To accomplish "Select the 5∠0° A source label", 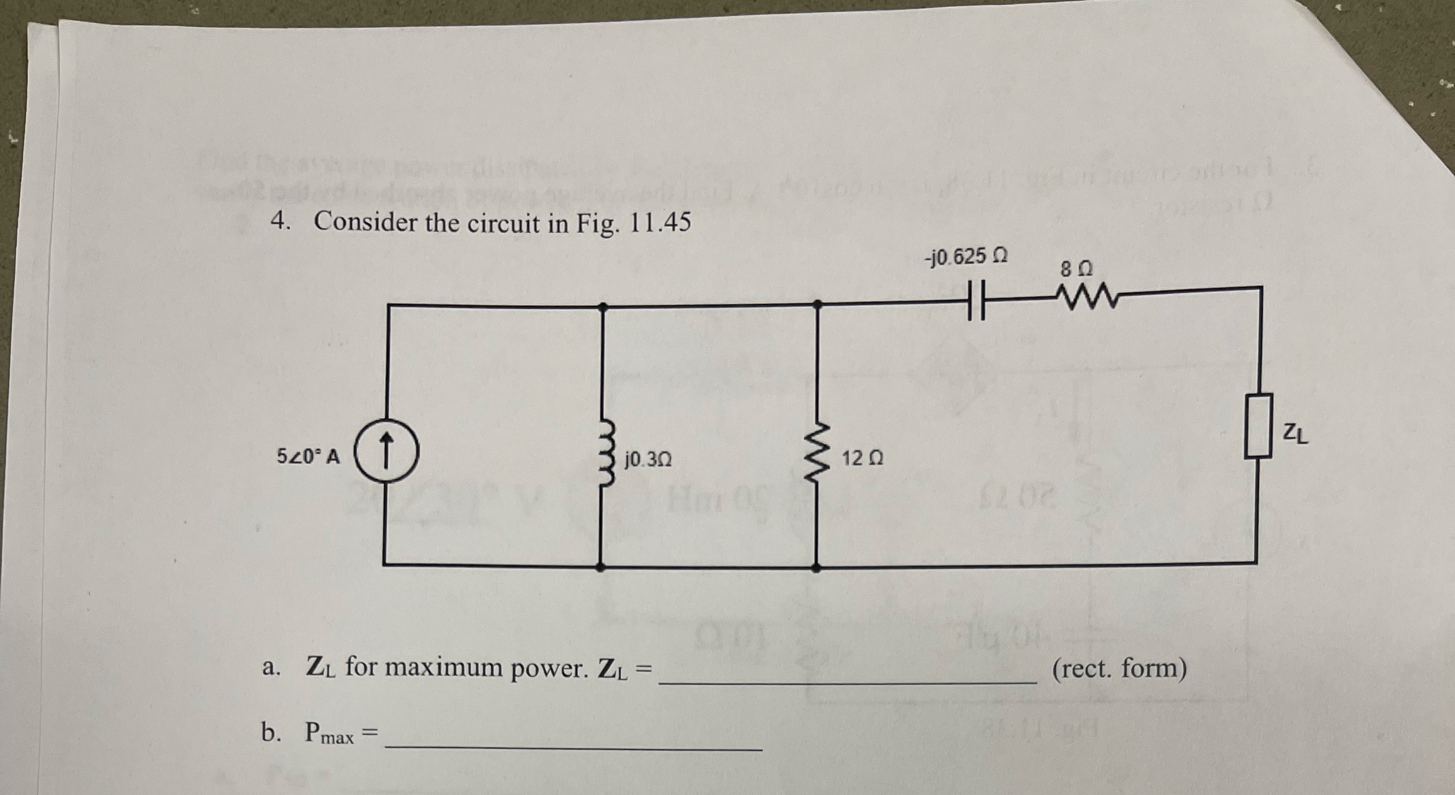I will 308,456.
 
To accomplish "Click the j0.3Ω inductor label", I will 647,460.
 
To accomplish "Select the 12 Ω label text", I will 862,458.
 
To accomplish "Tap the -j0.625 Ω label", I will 966,257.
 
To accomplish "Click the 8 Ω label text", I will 1076,269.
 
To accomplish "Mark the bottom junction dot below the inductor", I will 600,567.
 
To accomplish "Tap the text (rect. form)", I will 1119,669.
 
